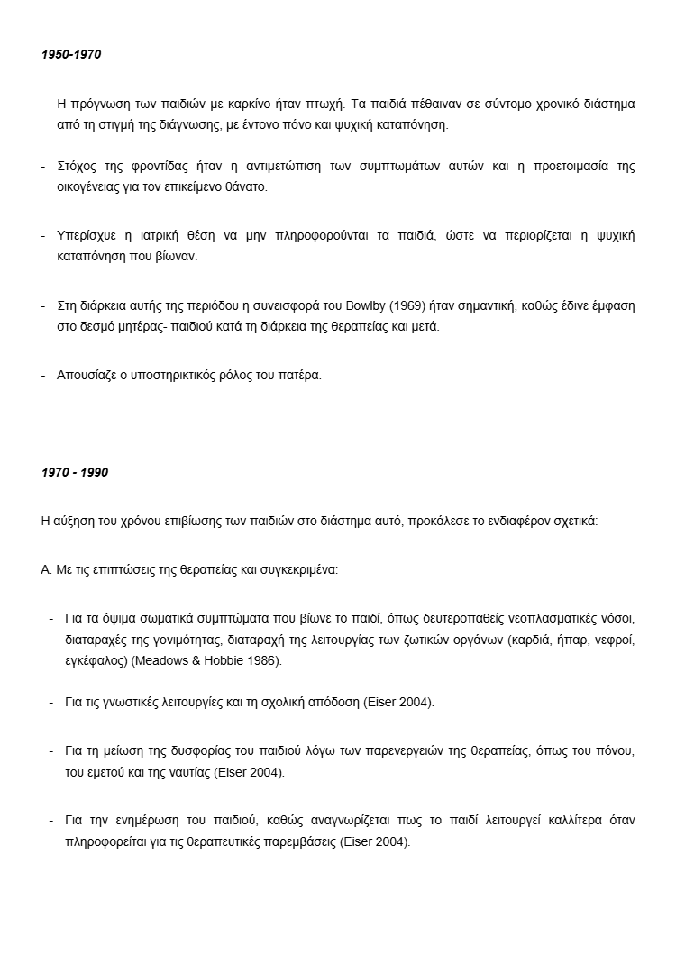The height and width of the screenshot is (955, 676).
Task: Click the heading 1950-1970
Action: click(71, 55)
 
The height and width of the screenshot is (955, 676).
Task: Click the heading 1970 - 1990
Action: click(75, 472)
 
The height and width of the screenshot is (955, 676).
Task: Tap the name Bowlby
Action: click(360, 305)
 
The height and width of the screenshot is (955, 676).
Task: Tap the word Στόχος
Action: click(77, 167)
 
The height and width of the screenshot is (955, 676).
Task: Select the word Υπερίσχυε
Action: click(88, 236)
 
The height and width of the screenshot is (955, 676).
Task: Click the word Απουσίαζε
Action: click(89, 375)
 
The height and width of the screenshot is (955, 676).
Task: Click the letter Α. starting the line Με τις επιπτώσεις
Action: click(46, 569)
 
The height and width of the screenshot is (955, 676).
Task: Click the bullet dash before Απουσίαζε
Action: click(44, 375)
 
